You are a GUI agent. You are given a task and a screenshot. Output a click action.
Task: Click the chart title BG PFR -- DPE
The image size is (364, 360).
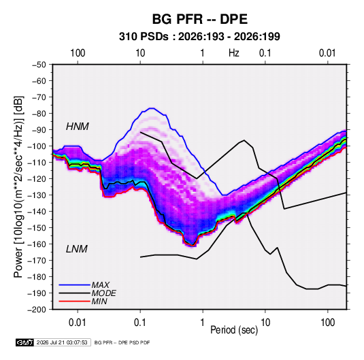pyautogui.click(x=199, y=19)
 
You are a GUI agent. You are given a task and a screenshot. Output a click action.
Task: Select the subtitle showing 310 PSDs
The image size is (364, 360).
pyautogui.click(x=199, y=37)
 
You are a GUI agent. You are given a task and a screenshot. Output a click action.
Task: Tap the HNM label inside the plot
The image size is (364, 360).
pyautogui.click(x=78, y=127)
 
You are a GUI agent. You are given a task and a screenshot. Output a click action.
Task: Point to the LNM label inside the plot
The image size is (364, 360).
pyautogui.click(x=77, y=249)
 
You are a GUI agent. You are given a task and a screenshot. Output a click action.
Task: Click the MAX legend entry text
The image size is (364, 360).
pyautogui.click(x=100, y=285)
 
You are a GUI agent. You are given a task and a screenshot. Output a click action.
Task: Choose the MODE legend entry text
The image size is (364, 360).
pyautogui.click(x=104, y=293)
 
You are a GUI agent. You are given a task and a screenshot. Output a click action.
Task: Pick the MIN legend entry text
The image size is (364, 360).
pyautogui.click(x=99, y=301)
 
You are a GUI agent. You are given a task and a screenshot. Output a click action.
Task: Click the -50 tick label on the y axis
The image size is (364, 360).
pyautogui.click(x=39, y=65)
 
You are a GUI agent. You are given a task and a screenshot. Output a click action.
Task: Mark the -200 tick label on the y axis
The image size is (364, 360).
pyautogui.click(x=37, y=310)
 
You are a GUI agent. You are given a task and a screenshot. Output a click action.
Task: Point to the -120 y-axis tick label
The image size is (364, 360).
pyautogui.click(x=37, y=179)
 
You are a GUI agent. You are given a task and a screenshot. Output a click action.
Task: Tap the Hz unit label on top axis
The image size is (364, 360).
pyautogui.click(x=234, y=53)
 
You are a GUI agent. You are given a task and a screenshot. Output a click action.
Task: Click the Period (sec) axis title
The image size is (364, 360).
pyautogui.click(x=234, y=330)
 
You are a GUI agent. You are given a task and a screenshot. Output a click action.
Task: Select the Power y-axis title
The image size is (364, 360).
pyautogui.click(x=18, y=187)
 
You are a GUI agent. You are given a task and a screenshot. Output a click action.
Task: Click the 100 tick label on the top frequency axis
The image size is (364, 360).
pyautogui.click(x=78, y=53)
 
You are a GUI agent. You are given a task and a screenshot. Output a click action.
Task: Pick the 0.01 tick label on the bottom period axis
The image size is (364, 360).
pyautogui.click(x=78, y=323)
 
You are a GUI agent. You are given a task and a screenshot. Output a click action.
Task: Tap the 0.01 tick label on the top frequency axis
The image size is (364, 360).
pyautogui.click(x=327, y=53)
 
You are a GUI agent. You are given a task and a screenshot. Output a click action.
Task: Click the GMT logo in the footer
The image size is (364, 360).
pyautogui.click(x=24, y=342)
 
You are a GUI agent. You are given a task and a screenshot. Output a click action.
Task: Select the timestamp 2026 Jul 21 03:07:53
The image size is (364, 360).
pyautogui.click(x=62, y=342)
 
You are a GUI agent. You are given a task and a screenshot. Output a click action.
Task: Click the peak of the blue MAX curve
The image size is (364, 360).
pyautogui.click(x=151, y=108)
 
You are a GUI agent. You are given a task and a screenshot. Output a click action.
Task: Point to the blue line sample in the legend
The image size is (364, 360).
pyautogui.click(x=74, y=285)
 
